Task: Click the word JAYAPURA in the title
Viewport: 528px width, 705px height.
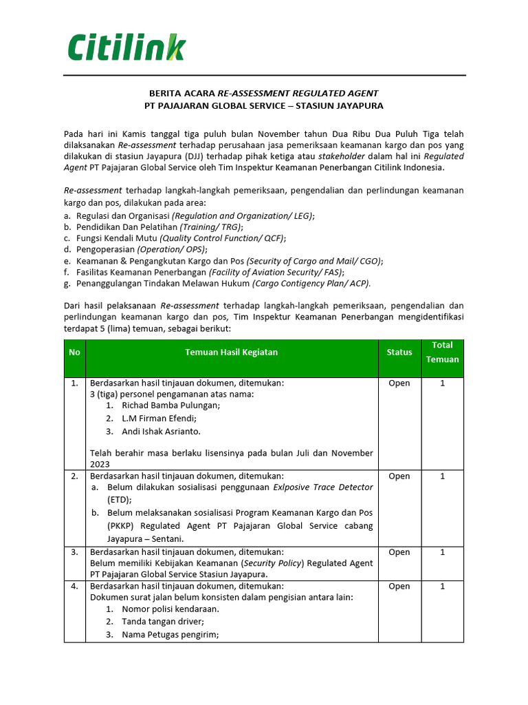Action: [358, 106]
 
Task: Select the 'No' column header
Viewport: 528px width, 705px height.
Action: [74, 352]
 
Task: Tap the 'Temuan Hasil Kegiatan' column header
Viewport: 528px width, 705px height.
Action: [231, 352]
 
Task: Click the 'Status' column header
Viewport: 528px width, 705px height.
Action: [399, 352]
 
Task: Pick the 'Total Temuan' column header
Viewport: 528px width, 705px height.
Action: [442, 352]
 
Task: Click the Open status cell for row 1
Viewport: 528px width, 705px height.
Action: [399, 383]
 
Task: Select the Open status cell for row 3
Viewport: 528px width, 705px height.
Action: [399, 552]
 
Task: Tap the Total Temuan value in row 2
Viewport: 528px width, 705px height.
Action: [442, 476]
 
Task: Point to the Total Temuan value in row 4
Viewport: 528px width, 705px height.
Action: [442, 587]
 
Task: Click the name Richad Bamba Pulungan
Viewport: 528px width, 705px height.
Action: [170, 406]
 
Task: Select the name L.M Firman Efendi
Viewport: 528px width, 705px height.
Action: [159, 419]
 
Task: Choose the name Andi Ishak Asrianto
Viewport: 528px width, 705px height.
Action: [161, 432]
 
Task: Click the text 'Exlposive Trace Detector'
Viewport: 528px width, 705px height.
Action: [323, 487]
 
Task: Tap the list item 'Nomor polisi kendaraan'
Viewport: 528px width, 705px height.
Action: [170, 609]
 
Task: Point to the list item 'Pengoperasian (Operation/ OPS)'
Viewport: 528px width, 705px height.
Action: [141, 249]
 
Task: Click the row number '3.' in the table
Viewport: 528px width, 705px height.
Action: [74, 552]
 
